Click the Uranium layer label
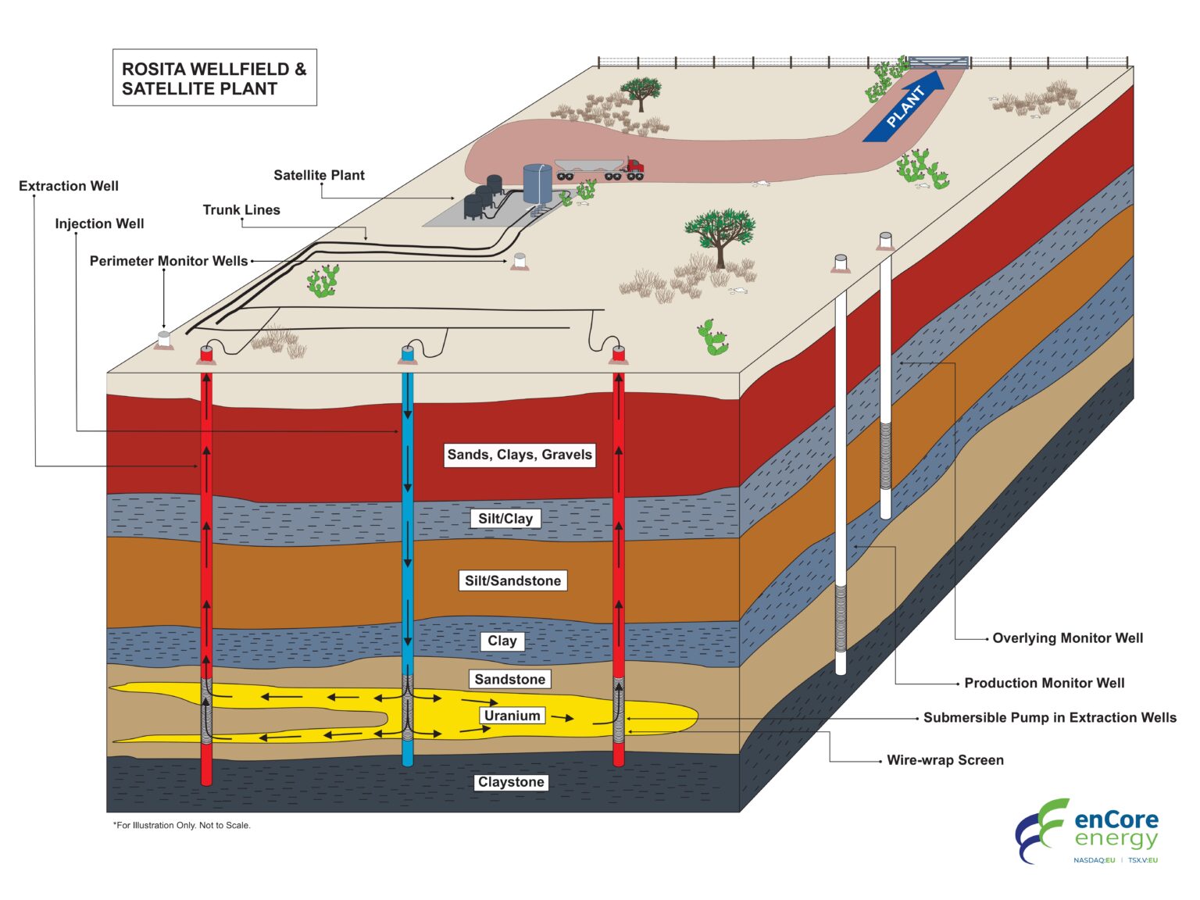(x=512, y=716)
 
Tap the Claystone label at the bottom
(x=511, y=782)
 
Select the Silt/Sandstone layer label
(x=512, y=580)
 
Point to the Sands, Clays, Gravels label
(x=520, y=455)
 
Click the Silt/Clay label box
(x=505, y=519)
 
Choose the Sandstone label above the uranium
(x=510, y=679)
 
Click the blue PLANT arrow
(x=905, y=107)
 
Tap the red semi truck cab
(x=634, y=165)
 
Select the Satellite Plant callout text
(x=319, y=175)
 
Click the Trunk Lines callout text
(x=241, y=209)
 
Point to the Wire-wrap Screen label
(x=945, y=760)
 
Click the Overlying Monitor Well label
(x=1067, y=638)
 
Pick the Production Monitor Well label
(x=1044, y=683)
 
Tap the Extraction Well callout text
(x=69, y=186)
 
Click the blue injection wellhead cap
(x=407, y=353)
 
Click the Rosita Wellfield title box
(x=215, y=78)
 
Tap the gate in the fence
(x=938, y=62)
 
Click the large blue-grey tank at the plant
(x=537, y=183)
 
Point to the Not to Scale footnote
(x=182, y=825)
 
